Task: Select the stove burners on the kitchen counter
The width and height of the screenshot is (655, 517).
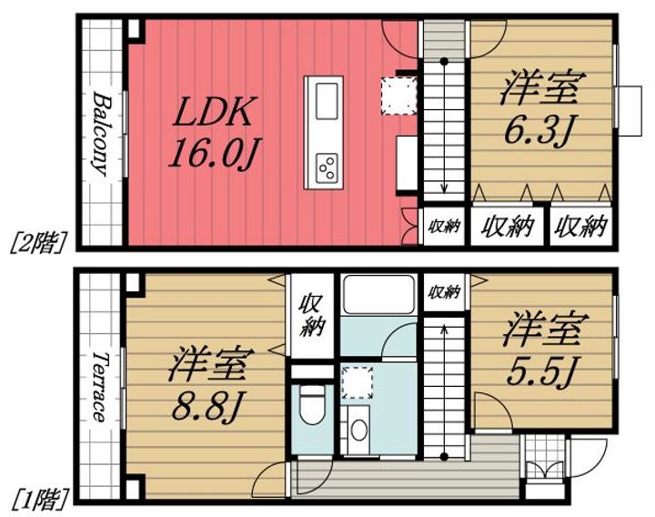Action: click(326, 167)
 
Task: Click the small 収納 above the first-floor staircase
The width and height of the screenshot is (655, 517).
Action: click(443, 291)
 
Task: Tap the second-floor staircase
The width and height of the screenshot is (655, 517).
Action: click(444, 127)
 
